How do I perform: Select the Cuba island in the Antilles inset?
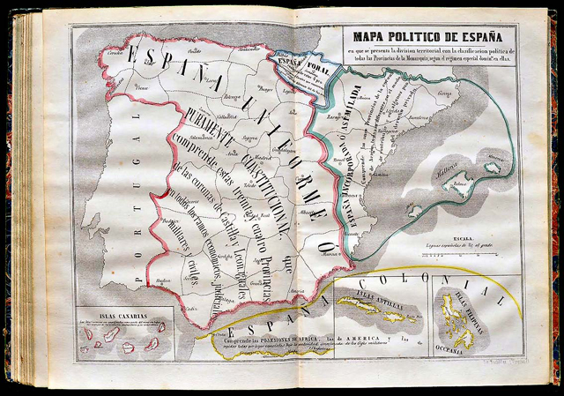pyautogui.click(x=362, y=304)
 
